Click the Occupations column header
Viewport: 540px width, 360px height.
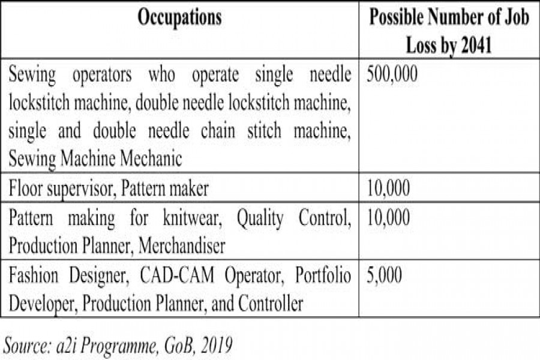(179, 18)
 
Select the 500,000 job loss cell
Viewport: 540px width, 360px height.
(392, 76)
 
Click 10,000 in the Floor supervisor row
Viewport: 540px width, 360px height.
(388, 189)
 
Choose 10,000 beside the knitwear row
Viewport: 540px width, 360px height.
(388, 218)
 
